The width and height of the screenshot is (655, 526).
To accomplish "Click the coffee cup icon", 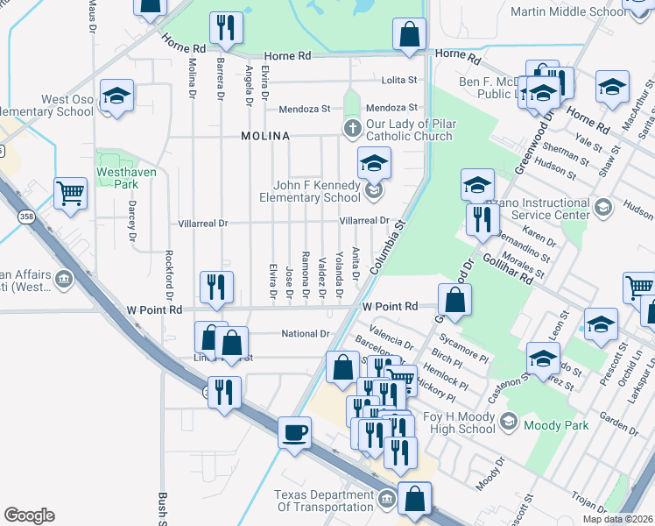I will click(294, 431).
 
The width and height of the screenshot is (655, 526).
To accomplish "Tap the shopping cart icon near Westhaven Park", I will click(70, 192).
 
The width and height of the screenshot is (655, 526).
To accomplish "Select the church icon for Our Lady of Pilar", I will click(352, 130).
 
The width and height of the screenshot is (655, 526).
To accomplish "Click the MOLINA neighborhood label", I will click(265, 137).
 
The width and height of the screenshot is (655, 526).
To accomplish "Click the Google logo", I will click(29, 515).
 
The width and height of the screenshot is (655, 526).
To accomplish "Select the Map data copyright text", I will click(618, 518).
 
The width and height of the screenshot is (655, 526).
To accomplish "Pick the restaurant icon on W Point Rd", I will click(215, 286).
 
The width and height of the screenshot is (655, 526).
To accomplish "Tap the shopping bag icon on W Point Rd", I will click(454, 299).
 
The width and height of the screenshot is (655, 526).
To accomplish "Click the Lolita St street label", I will click(399, 80).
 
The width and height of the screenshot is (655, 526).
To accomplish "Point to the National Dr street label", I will click(305, 334).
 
